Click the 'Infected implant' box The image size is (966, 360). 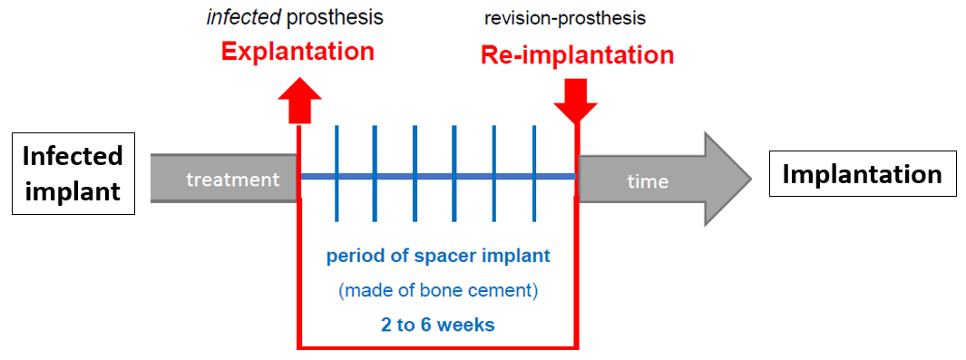pyautogui.click(x=73, y=173)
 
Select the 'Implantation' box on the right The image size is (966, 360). pyautogui.click(x=862, y=174)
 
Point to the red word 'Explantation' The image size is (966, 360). pyautogui.click(x=298, y=51)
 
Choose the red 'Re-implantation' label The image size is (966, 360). pyautogui.click(x=577, y=55)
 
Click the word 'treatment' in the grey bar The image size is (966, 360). pyautogui.click(x=233, y=180)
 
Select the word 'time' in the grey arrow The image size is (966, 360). pyautogui.click(x=648, y=181)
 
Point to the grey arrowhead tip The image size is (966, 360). pyautogui.click(x=752, y=179)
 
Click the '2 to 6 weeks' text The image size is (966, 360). pyautogui.click(x=438, y=325)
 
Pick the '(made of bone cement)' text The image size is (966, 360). pyautogui.click(x=438, y=290)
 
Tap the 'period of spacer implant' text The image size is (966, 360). pyautogui.click(x=438, y=256)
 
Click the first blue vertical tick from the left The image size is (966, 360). pyautogui.click(x=337, y=173)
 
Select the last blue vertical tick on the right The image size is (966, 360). pyautogui.click(x=534, y=173)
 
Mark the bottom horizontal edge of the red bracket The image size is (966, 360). pyautogui.click(x=438, y=346)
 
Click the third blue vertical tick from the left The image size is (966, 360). pyautogui.click(x=415, y=173)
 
